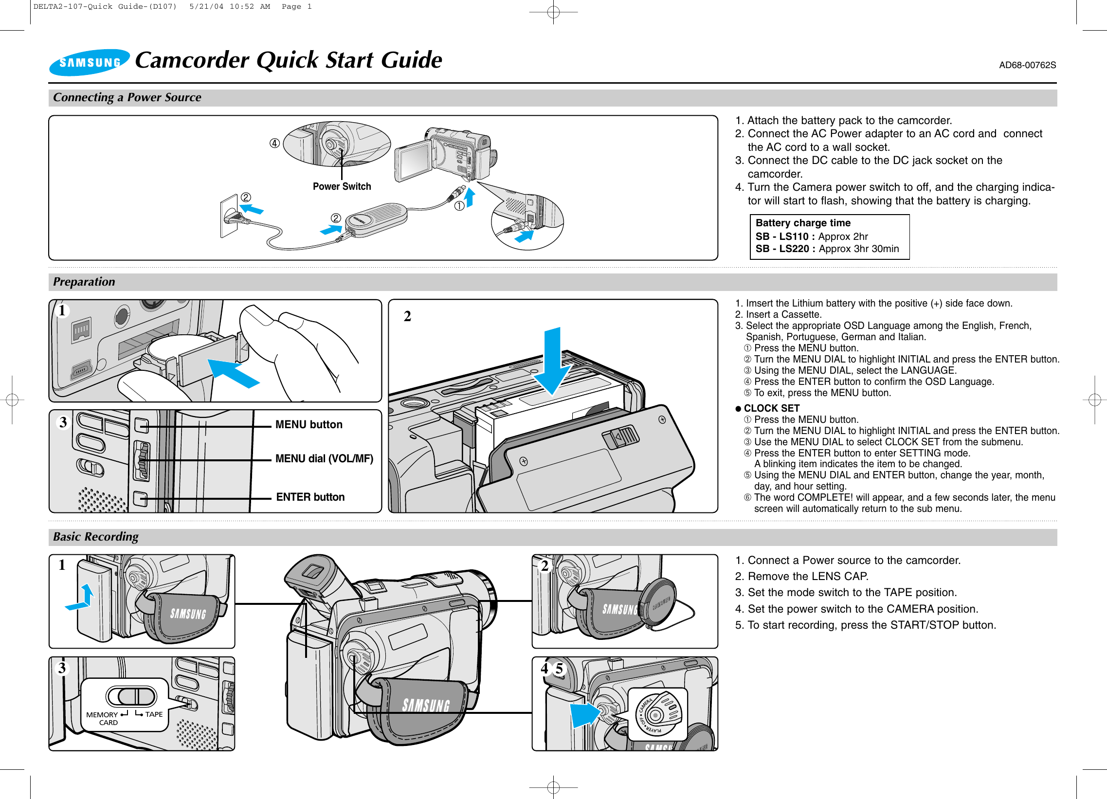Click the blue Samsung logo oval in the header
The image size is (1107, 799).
tap(90, 62)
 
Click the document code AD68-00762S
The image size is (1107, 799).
tap(1027, 65)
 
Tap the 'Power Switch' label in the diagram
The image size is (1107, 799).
tap(342, 186)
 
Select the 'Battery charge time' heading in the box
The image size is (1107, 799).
tap(803, 223)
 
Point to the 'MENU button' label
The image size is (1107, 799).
tap(309, 425)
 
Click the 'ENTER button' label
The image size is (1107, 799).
tap(310, 497)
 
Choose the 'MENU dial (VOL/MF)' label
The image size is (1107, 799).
tap(324, 458)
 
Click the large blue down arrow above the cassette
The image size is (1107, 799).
tap(552, 361)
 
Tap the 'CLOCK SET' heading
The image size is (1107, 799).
tap(771, 408)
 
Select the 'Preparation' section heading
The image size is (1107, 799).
tap(84, 282)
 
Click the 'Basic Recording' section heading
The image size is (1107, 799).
tap(96, 536)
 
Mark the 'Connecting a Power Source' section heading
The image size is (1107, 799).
tap(127, 97)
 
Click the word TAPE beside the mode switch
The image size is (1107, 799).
tap(154, 714)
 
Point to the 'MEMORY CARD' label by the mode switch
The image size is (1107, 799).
tap(103, 718)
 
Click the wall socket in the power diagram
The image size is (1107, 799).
tap(229, 216)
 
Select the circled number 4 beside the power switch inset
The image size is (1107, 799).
tap(275, 143)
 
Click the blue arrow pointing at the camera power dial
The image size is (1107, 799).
tap(584, 714)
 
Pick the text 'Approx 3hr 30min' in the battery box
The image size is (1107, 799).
tap(858, 249)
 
